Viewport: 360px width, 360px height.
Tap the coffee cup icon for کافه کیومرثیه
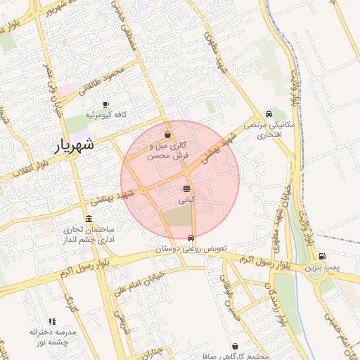tap(105, 103)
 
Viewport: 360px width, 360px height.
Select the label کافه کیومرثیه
tap(105, 114)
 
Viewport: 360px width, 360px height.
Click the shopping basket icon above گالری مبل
tap(167, 134)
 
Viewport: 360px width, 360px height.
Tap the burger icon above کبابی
tap(186, 188)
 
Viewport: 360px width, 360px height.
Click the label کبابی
tap(186, 200)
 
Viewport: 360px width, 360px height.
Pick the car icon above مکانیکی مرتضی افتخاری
tap(269, 115)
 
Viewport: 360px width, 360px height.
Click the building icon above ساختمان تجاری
tap(89, 219)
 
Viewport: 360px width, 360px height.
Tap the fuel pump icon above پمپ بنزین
tap(322, 257)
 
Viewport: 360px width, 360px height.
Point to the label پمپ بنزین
tap(322, 268)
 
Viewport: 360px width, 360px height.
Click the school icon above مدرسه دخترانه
tap(52, 321)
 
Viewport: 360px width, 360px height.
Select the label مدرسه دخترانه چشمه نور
tap(53, 336)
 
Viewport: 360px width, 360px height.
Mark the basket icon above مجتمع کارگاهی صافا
tap(243, 346)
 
